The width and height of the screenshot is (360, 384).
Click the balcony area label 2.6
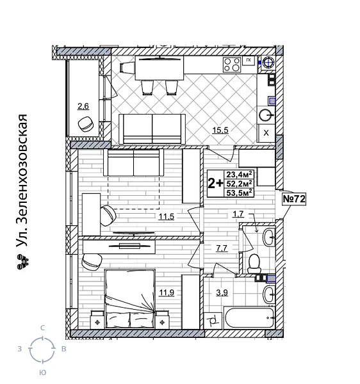click(84, 106)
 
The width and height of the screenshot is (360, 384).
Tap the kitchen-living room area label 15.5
click(220, 131)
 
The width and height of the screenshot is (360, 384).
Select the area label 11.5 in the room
click(167, 217)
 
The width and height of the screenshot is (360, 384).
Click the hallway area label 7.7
click(222, 248)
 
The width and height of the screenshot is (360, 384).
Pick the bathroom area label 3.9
click(222, 293)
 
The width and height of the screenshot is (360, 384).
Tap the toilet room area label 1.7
click(238, 214)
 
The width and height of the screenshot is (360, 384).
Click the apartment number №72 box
click(294, 199)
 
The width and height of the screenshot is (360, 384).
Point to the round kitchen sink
click(266, 115)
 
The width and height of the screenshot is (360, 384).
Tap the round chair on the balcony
click(85, 124)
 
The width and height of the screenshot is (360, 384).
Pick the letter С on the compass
click(42, 328)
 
